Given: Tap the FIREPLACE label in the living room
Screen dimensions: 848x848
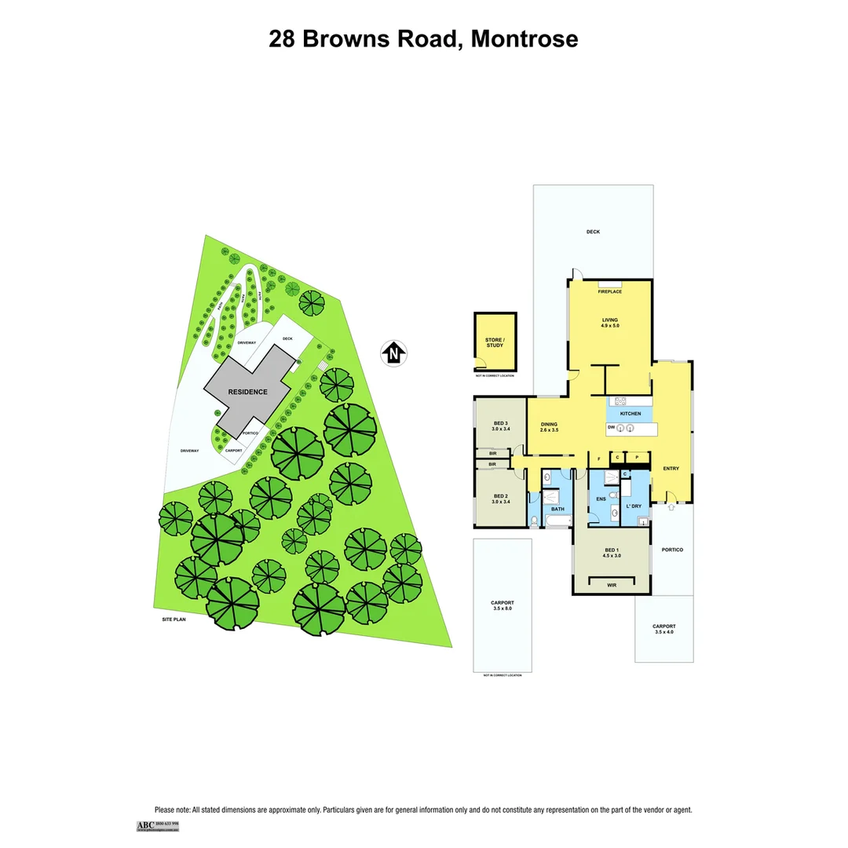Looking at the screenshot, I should click(609, 292).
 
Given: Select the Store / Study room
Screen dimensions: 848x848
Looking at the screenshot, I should click(495, 342).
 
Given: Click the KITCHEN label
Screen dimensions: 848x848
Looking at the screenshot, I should click(631, 414).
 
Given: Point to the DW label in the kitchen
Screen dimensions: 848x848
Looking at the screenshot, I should click(611, 428).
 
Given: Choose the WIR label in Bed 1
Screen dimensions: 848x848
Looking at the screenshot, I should click(612, 585).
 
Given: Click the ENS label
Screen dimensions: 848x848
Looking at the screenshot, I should click(601, 499).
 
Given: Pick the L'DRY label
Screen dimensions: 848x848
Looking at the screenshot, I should click(635, 506).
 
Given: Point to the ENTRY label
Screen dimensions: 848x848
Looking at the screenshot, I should click(671, 469).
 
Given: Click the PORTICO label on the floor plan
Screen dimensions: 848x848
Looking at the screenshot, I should click(672, 550).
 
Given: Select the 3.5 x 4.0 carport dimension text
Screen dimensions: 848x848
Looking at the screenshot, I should click(663, 632).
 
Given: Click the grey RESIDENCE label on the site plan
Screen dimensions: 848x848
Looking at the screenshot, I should click(248, 392).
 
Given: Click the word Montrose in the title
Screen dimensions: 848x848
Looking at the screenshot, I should click(524, 39).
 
